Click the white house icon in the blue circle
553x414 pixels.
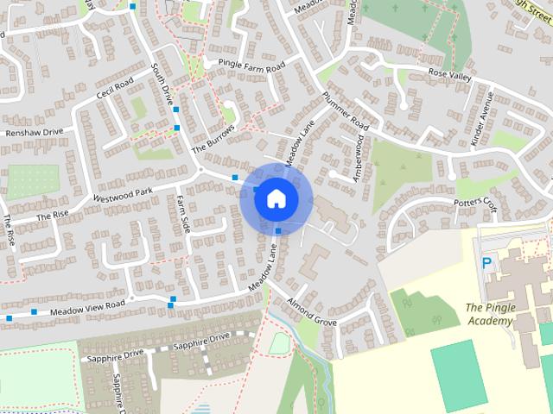(x=276, y=199)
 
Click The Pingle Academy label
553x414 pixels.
(x=489, y=314)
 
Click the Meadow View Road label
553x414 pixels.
(x=87, y=307)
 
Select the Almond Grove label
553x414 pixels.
(x=312, y=313)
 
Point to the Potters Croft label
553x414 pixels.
(x=476, y=203)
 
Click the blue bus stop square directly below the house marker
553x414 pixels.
(x=277, y=231)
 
